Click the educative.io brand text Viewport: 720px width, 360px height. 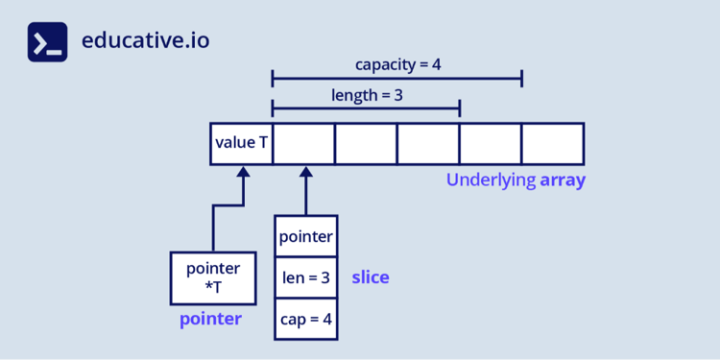point(145,41)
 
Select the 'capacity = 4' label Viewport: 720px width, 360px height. point(397,65)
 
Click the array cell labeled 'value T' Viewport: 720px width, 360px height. point(241,143)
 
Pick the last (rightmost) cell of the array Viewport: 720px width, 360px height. point(552,143)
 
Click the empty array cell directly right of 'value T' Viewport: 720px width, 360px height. point(303,143)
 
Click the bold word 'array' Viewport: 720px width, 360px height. point(562,180)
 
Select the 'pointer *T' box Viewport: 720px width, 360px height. point(212,277)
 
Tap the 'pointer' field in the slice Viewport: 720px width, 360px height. point(305,236)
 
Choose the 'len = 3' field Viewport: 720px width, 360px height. point(305,277)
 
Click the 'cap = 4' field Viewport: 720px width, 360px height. point(305,319)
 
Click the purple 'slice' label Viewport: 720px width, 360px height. point(370,277)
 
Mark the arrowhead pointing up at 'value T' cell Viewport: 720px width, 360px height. point(243,173)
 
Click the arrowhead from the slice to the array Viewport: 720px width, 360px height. point(305,173)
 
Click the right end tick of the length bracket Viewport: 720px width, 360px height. point(459,108)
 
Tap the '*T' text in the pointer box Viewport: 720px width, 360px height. point(212,286)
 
